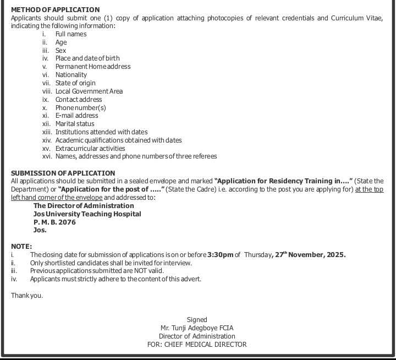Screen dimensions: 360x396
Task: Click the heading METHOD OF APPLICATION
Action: coord(56,10)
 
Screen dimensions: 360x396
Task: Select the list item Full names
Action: coord(71,34)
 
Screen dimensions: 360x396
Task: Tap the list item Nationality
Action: coord(71,75)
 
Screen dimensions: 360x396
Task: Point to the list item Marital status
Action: coord(75,124)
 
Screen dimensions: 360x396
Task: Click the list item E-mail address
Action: coord(76,116)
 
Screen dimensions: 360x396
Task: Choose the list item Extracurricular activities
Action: coord(90,149)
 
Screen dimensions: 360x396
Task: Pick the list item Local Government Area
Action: coord(89,91)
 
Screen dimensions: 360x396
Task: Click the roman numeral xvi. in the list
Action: coord(46,156)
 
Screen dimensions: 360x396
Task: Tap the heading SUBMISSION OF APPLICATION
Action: coord(63,173)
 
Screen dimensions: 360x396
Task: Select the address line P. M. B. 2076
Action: coord(54,222)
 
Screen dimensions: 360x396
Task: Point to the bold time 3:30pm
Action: coord(221,255)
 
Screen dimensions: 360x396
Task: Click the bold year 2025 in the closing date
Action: coord(335,255)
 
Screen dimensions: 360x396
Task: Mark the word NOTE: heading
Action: coord(21,247)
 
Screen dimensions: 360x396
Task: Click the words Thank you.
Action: coord(27,296)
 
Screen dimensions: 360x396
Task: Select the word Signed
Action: coord(197,320)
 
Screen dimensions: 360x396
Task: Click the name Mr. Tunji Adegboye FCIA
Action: coord(197,328)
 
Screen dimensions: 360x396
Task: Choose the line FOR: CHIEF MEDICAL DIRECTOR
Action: coord(197,345)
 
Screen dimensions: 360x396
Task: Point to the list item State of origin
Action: coord(75,83)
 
